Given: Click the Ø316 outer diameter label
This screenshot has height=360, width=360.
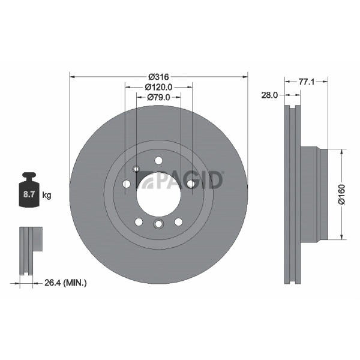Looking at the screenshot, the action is coord(158,77).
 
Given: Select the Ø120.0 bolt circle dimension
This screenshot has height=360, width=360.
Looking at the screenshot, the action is coord(158,87).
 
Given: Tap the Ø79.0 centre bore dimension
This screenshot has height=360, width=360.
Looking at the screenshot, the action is coord(158,97).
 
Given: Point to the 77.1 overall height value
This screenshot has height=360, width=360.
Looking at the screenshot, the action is coord(306,82).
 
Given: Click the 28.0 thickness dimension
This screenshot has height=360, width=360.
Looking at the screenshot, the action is coord(269,95).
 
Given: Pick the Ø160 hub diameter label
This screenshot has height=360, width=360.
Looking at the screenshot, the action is coord(341,194).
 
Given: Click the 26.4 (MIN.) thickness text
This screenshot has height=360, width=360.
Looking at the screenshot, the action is coord(65,283).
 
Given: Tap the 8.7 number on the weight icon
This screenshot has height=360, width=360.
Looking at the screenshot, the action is coord(29,194).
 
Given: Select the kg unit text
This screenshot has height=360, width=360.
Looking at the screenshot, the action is coord(47,196).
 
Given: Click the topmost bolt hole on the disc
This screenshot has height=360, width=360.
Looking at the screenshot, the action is coord(158,160).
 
